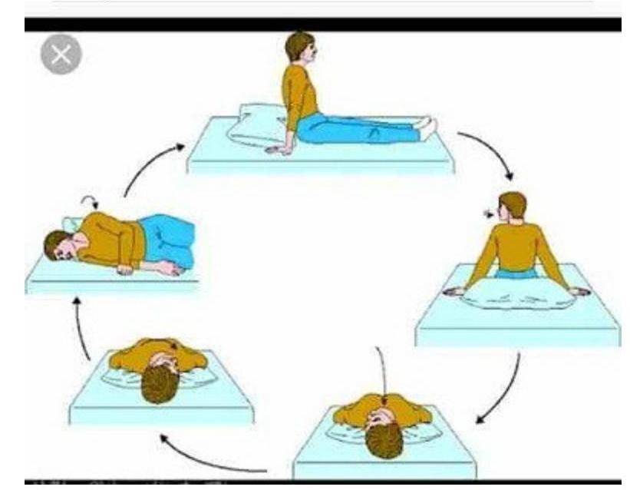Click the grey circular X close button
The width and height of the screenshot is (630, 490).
click(61, 55)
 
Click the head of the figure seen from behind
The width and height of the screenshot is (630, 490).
click(512, 206)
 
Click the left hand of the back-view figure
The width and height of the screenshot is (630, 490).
click(455, 291)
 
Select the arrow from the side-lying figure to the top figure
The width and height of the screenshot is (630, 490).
click(149, 165)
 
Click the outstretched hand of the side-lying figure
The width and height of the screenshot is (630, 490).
click(170, 269)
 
